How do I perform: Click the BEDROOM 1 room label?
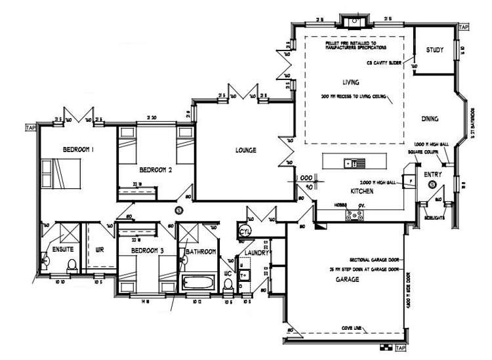tap(78, 150)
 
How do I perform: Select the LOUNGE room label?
tap(245, 150)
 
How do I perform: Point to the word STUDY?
tap(434, 50)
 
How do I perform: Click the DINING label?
tap(430, 119)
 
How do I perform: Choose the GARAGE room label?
tap(348, 279)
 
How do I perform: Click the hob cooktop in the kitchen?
tap(359, 213)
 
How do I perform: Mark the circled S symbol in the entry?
tap(432, 186)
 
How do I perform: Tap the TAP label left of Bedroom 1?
tap(28, 127)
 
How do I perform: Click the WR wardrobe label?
tap(100, 250)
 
